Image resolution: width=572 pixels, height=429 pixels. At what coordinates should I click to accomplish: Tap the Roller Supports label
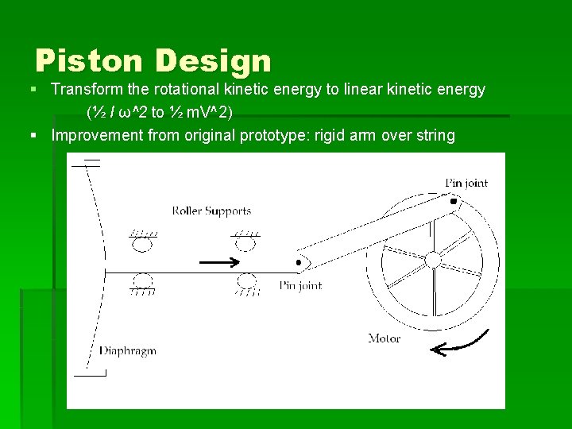tap(211, 211)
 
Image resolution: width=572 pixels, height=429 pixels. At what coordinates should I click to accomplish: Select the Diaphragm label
tap(127, 351)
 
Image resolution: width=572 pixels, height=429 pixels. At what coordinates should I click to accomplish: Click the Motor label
tap(385, 338)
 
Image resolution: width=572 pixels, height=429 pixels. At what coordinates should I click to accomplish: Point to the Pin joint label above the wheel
tap(466, 184)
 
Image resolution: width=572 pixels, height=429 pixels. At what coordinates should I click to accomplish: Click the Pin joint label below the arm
tap(300, 286)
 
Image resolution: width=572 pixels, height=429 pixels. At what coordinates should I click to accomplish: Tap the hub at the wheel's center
tap(433, 260)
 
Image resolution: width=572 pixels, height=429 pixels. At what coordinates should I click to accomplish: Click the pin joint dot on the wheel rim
tap(454, 202)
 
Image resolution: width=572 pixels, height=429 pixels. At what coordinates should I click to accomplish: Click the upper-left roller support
tap(142, 242)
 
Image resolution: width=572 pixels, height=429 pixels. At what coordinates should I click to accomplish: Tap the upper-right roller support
tap(245, 242)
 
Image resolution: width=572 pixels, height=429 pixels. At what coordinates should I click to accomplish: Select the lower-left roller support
tap(143, 281)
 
